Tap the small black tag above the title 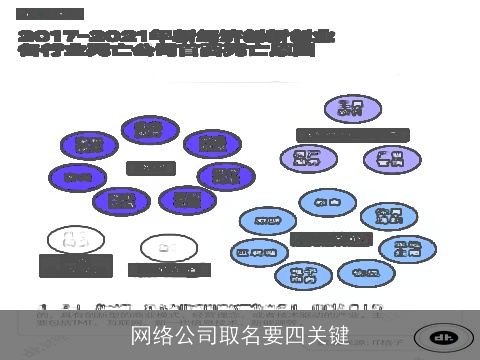click(x=49, y=15)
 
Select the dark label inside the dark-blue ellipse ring click(x=150, y=167)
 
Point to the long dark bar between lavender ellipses click(x=352, y=134)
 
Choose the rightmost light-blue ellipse click(x=407, y=249)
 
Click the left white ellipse click(x=74, y=239)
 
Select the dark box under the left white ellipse click(x=74, y=265)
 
